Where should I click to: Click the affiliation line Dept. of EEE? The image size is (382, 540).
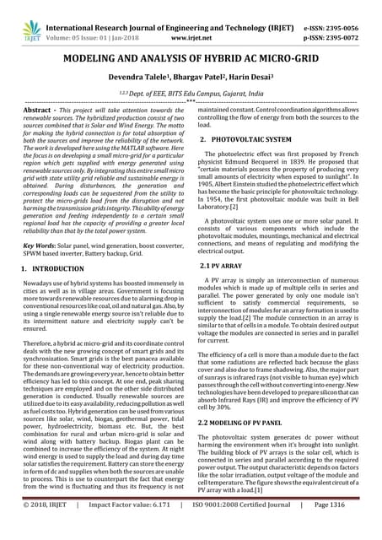click(x=191, y=96)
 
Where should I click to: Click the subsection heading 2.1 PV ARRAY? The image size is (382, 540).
click(x=226, y=265)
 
